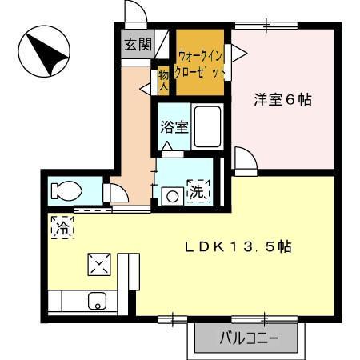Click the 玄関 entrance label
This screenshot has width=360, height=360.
click(x=137, y=44)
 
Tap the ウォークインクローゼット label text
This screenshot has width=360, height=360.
click(x=201, y=63)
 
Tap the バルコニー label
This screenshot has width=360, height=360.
click(x=249, y=338)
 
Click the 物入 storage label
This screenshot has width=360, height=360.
click(x=163, y=78)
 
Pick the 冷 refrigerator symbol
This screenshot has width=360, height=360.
click(x=62, y=227)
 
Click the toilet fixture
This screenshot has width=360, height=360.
click(x=63, y=191)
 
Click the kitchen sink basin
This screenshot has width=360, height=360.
click(x=96, y=302)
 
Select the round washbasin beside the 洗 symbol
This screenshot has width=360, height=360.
click(x=171, y=194)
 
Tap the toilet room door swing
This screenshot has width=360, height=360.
click(x=117, y=192)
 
